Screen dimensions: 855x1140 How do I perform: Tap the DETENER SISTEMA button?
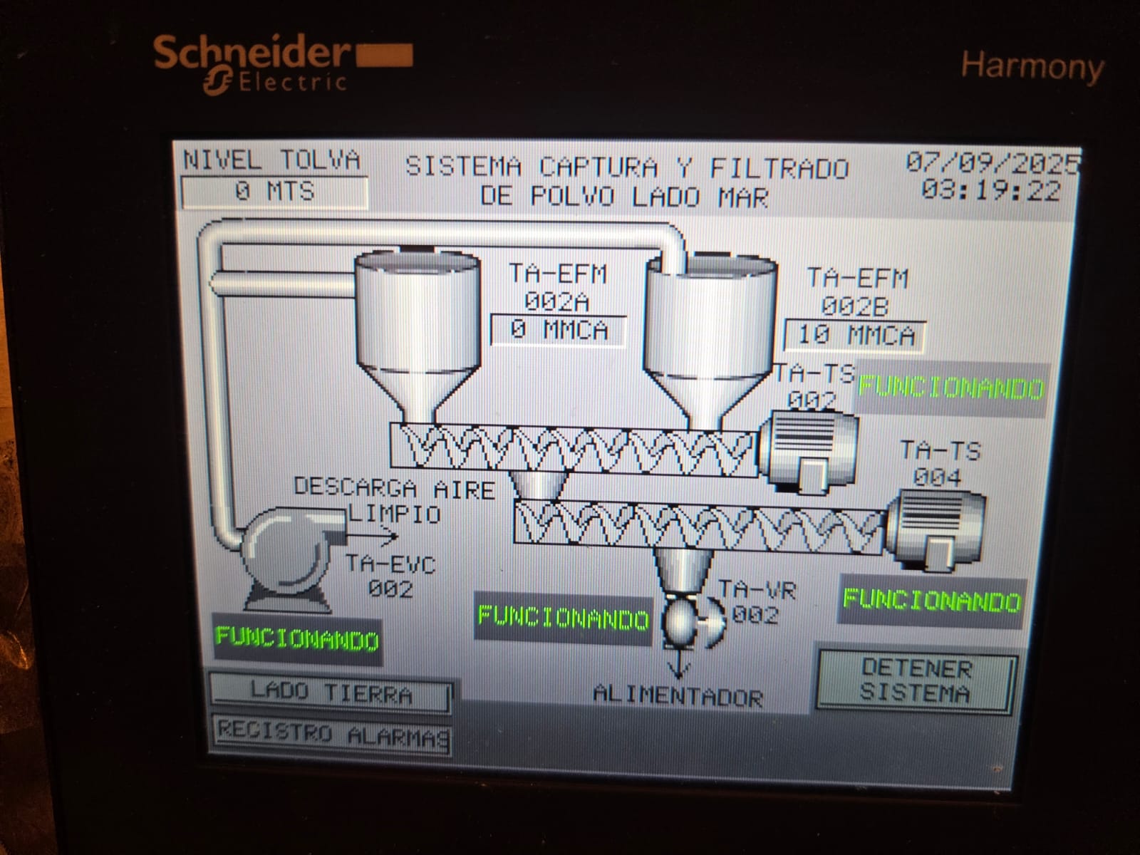click(x=915, y=682)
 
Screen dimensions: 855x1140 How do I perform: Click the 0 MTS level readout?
click(x=275, y=192)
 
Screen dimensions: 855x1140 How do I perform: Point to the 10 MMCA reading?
click(x=855, y=336)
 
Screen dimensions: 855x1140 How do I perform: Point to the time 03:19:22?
click(x=990, y=191)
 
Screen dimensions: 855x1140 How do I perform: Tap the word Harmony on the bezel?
click(x=1032, y=68)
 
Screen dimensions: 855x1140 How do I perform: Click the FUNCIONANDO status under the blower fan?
click(x=297, y=638)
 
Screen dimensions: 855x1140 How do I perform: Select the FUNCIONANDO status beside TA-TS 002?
click(x=951, y=388)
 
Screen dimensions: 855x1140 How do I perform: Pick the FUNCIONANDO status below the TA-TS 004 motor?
click(x=931, y=601)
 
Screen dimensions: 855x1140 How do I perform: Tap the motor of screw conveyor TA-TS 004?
click(x=935, y=529)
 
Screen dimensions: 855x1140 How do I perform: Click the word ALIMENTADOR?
click(x=678, y=696)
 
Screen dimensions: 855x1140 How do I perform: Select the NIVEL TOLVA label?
click(x=271, y=160)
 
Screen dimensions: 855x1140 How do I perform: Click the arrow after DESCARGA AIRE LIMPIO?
click(x=382, y=535)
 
